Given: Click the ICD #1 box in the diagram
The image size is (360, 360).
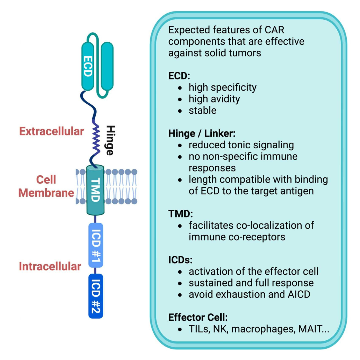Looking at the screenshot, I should tap(96, 245).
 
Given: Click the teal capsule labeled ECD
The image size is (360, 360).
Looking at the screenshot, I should tap(88, 66).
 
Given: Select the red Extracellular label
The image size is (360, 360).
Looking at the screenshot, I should tap(51, 131).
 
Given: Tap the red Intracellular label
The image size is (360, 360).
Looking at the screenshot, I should tap(50, 266).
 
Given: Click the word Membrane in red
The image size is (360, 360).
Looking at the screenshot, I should tap(46, 193).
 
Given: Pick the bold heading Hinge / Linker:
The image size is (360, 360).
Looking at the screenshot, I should tap(202, 133).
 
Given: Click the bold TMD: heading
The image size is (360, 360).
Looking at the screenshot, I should tap(181, 214).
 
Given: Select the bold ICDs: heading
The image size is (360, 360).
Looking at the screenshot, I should tap(180, 260).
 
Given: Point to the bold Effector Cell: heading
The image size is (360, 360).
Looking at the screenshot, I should tap(198, 317).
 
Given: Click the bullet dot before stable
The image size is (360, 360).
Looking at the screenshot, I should tap(180, 111).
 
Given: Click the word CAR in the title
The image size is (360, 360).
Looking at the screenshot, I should tap(274, 30).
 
